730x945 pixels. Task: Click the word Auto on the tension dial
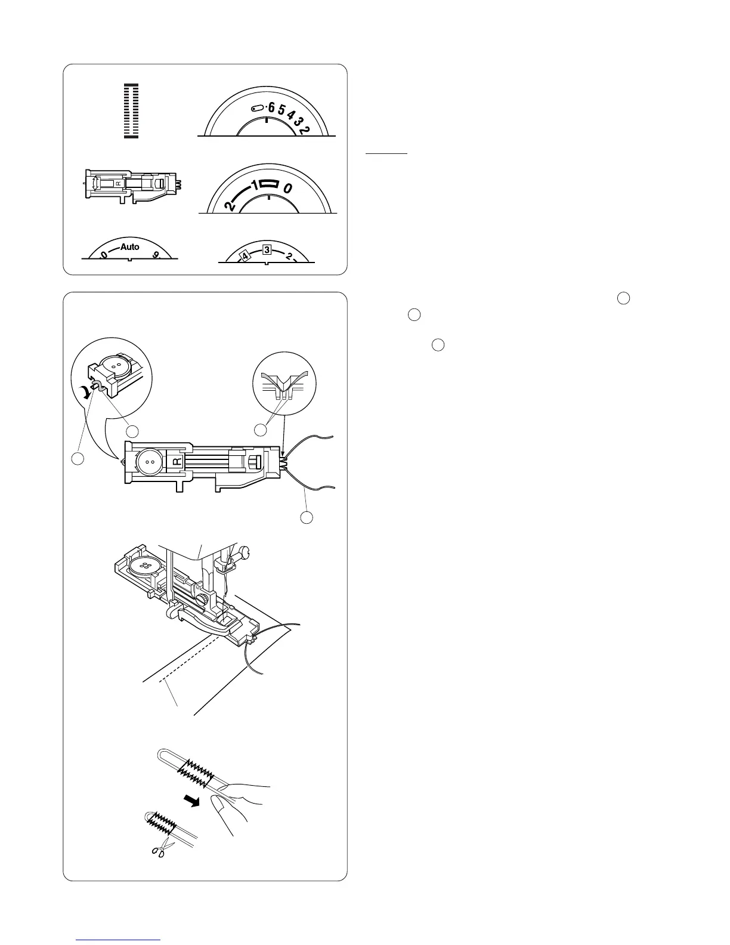pos(129,247)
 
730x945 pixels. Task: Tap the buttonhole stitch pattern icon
pos(131,111)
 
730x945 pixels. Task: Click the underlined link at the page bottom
pos(119,939)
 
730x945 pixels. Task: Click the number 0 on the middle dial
pos(287,189)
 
